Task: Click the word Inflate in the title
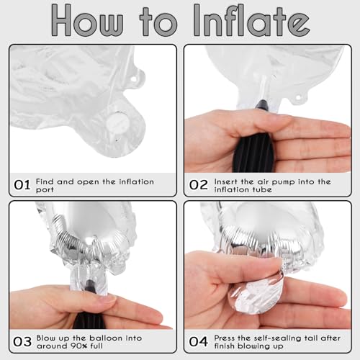coord(251,20)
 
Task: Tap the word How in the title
coord(88,20)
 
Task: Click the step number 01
coord(22,185)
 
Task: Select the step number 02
coord(198,185)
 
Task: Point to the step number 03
coord(22,341)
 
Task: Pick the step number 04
coord(198,341)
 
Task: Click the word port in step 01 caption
coord(45,190)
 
